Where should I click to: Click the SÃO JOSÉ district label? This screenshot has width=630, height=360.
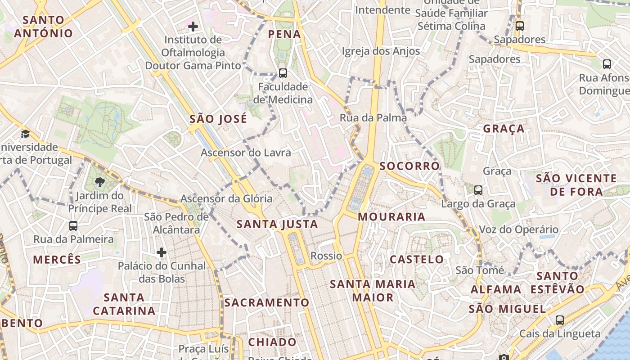point(218,119)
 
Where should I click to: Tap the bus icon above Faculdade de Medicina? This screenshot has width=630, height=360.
point(283,73)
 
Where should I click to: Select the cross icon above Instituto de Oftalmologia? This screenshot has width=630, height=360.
point(193,27)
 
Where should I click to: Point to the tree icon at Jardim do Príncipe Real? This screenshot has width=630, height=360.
point(99,182)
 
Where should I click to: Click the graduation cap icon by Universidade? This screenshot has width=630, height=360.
point(26,134)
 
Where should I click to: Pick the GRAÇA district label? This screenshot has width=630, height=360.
point(504,129)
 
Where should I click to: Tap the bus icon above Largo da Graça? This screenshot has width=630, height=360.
point(478,190)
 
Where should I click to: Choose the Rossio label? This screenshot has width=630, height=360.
point(326,256)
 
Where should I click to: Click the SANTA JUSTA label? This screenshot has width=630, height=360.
point(277,224)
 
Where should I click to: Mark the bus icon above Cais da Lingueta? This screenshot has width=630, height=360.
point(560,320)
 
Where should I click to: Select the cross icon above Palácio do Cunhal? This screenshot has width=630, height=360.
point(162,252)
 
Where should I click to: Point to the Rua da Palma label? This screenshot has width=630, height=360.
point(373,118)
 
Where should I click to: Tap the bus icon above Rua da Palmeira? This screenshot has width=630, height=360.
point(73,225)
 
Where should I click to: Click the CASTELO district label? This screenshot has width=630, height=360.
point(417,259)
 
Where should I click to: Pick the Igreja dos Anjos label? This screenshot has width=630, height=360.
point(381,51)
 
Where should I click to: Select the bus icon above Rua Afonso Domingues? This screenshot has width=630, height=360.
point(607,64)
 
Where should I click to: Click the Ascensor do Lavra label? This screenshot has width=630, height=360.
point(246,153)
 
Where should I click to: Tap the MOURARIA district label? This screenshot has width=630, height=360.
point(391,216)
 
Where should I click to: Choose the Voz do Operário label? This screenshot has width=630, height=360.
point(518,229)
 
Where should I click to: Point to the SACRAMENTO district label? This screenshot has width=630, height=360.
point(267,302)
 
